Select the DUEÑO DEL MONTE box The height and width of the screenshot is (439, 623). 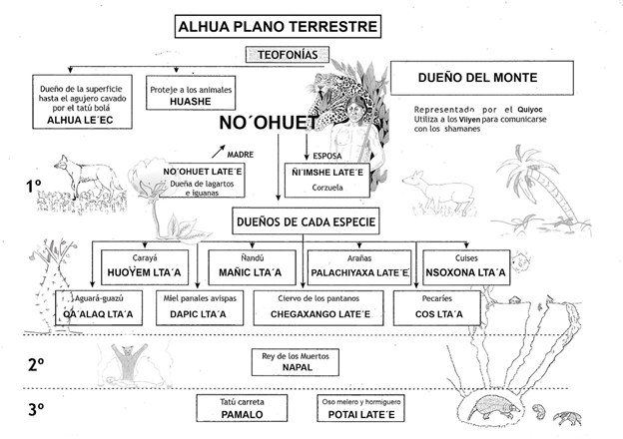pos(480,77)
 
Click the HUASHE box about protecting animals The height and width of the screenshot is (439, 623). pos(190,92)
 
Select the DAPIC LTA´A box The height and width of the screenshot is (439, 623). pos(200,307)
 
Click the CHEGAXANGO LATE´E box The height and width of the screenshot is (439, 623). pos(318,307)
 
